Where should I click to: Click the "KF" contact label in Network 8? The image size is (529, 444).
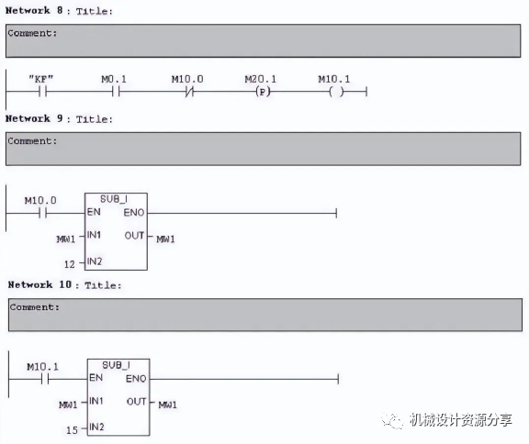pyautogui.click(x=40, y=79)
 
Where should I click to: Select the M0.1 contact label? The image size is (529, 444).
pyautogui.click(x=114, y=79)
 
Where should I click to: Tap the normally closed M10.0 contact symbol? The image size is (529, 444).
pyautogui.click(x=189, y=92)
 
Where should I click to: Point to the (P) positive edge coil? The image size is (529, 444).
pyautogui.click(x=263, y=92)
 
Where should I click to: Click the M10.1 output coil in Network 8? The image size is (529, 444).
pyautogui.click(x=336, y=92)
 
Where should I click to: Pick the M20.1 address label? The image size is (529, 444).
pyautogui.click(x=260, y=79)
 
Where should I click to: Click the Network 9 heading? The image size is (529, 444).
pyautogui.click(x=59, y=118)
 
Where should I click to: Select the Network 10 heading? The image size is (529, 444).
pyautogui.click(x=64, y=285)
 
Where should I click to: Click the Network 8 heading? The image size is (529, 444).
pyautogui.click(x=59, y=11)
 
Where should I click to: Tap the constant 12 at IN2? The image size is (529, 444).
pyautogui.click(x=70, y=264)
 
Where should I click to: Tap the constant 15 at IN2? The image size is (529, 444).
pyautogui.click(x=72, y=430)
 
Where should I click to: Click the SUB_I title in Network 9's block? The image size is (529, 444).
pyautogui.click(x=114, y=199)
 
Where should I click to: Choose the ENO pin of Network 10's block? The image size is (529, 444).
pyautogui.click(x=136, y=379)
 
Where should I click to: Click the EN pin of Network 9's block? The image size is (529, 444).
pyautogui.click(x=94, y=212)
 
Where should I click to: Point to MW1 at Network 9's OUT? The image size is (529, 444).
pyautogui.click(x=165, y=239)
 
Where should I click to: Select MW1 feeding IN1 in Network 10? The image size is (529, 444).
pyautogui.click(x=68, y=405)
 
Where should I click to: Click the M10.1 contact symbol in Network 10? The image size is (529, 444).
pyautogui.click(x=45, y=379)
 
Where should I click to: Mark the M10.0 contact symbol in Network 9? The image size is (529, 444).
pyautogui.click(x=42, y=213)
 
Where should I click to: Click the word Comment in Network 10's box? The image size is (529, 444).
pyautogui.click(x=32, y=307)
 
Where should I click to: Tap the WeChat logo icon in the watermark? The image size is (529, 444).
pyautogui.click(x=392, y=420)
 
